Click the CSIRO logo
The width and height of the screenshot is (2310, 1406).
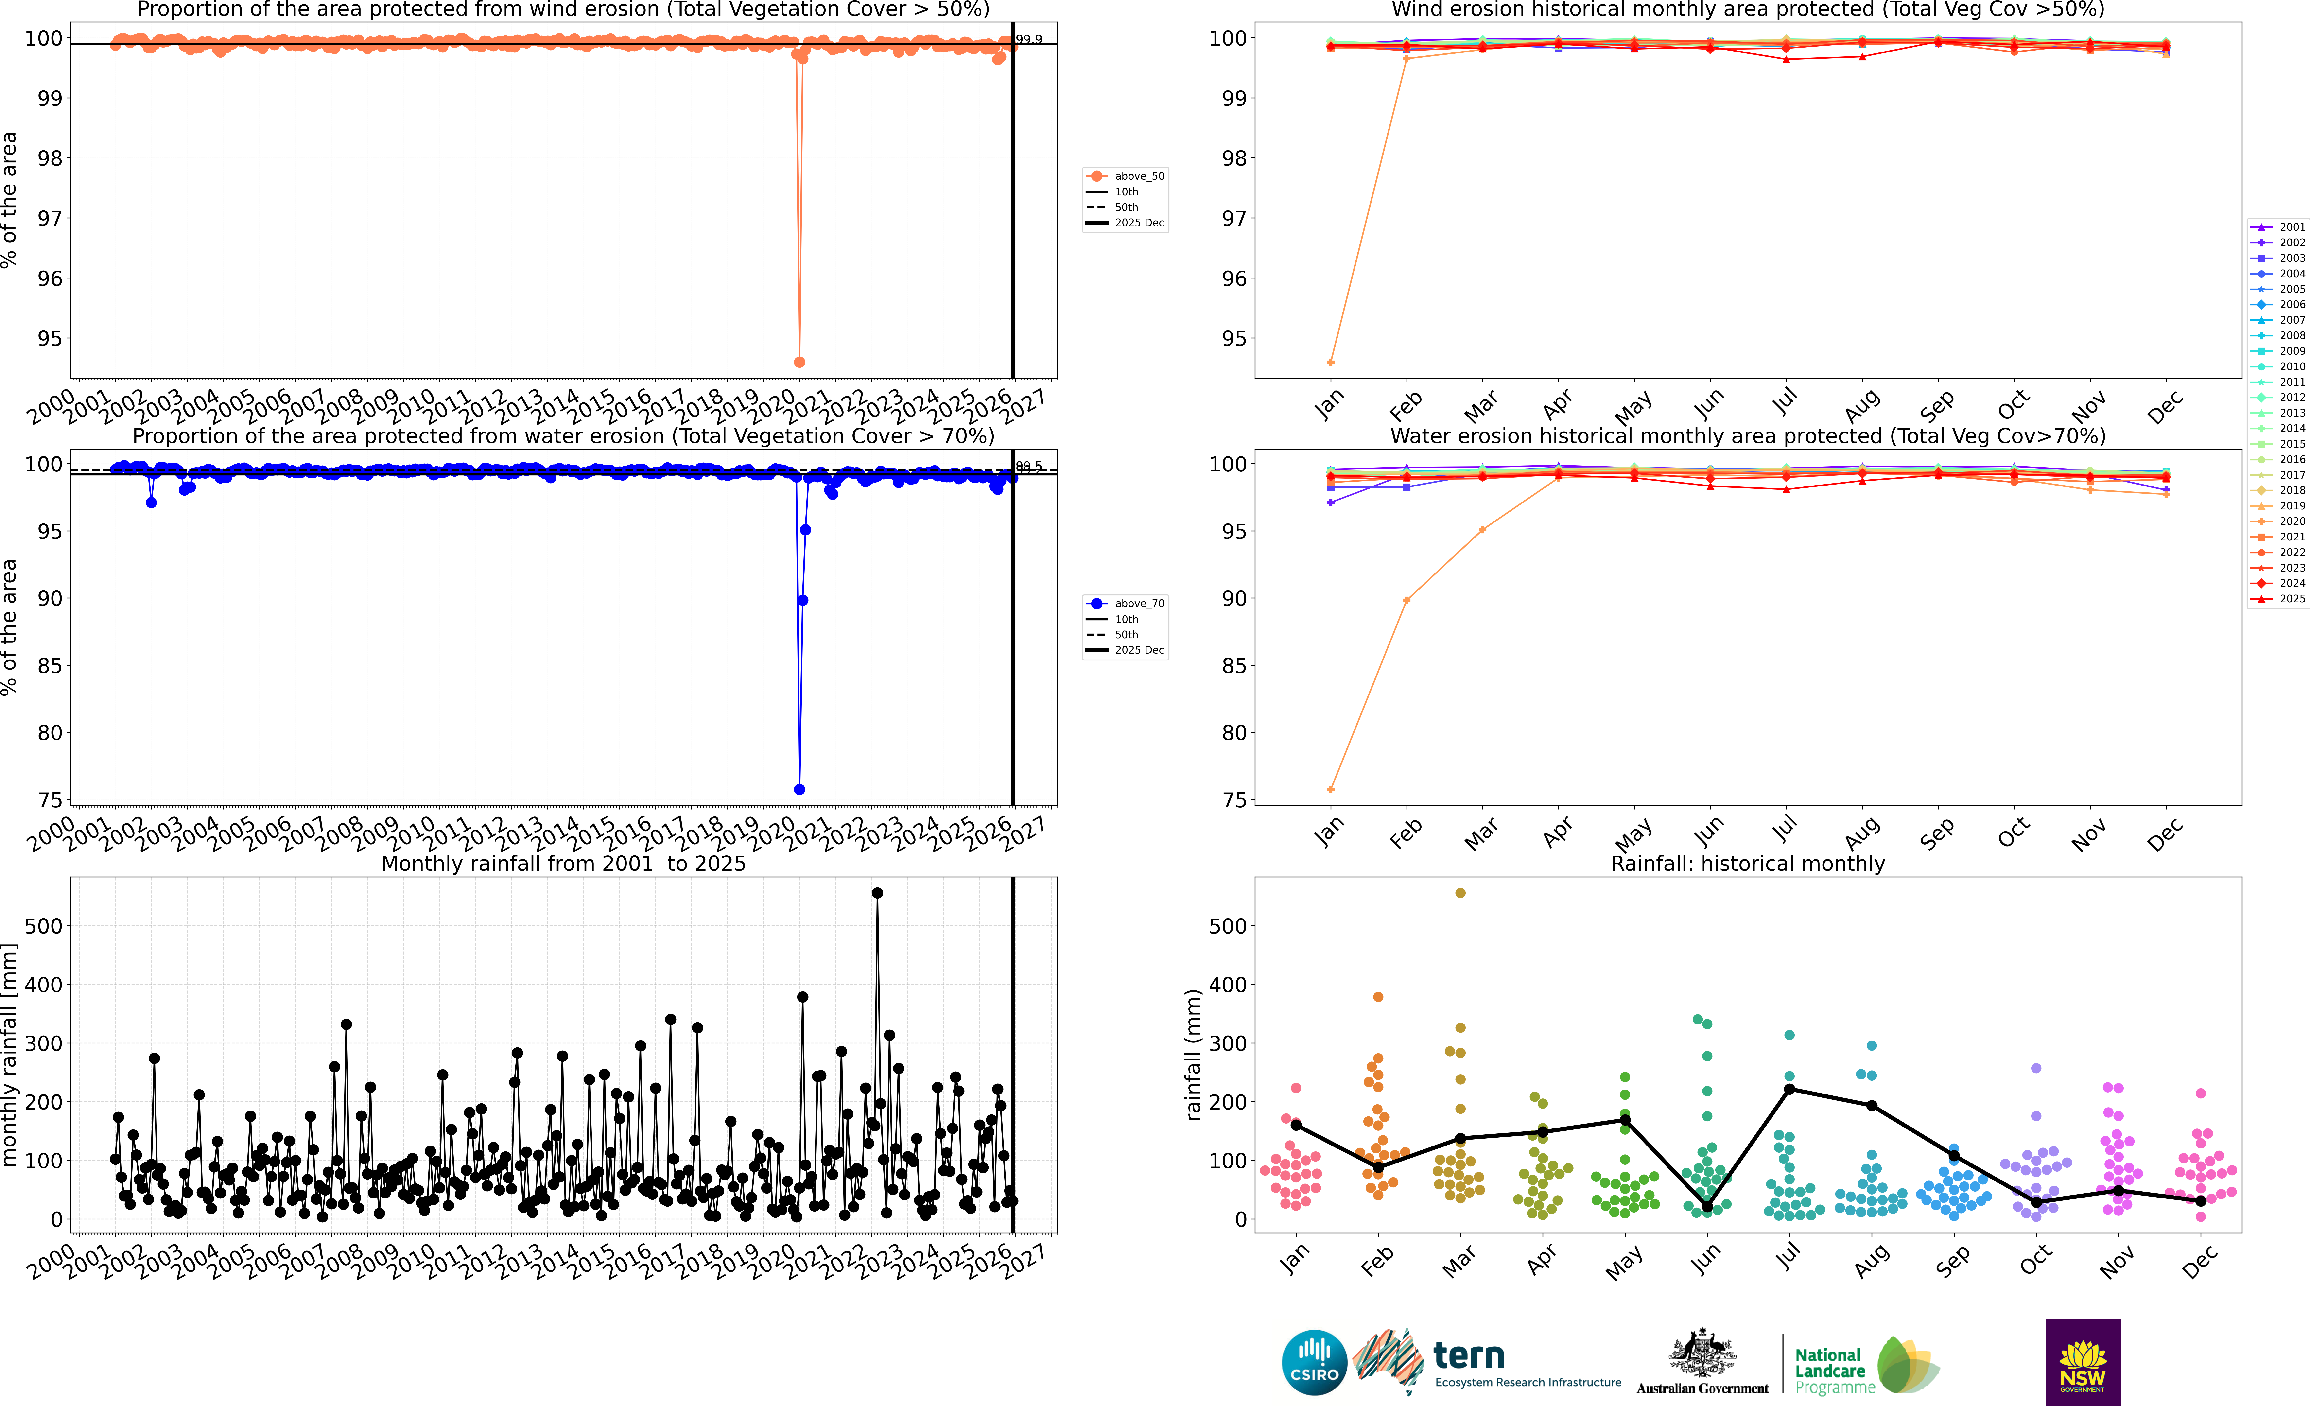1313,1362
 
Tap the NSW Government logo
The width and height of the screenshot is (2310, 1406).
2082,1362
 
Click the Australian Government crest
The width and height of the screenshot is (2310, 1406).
1702,1353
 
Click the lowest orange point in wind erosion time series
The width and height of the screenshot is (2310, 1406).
799,362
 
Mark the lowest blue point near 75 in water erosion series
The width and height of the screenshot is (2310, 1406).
799,789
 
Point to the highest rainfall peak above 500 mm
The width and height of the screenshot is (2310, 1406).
877,893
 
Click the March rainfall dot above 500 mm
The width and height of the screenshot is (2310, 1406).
1460,893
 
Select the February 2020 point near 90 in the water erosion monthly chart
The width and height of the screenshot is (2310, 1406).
1406,600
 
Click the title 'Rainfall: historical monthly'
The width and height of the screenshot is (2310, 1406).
1748,863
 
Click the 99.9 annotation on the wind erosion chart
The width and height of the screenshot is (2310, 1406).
1028,39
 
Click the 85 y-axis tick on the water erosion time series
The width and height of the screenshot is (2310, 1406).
50,665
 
